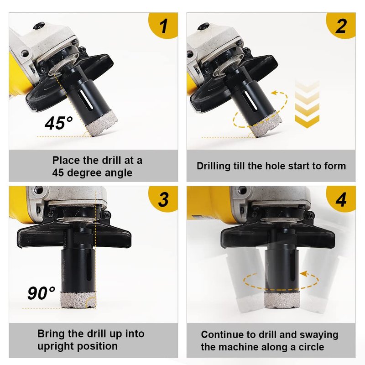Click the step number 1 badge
(163, 25)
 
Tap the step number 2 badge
(341, 25)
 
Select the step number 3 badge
(163, 199)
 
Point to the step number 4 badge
(341, 199)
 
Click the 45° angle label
(58, 123)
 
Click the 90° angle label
(42, 293)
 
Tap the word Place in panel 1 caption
(66, 161)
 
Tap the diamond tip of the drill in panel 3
(78, 299)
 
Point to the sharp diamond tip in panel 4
(282, 301)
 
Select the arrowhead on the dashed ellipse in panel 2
(275, 93)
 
